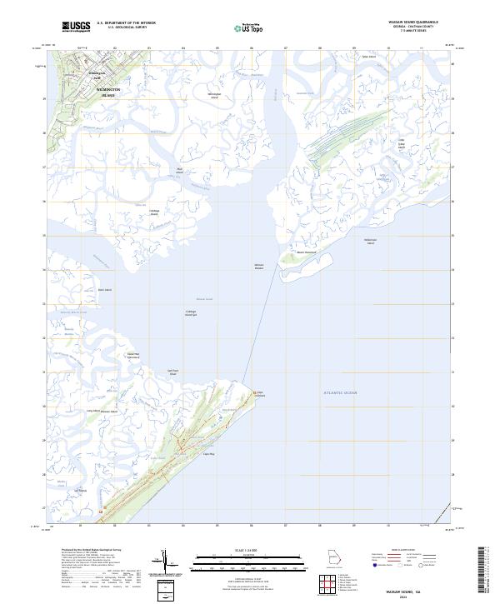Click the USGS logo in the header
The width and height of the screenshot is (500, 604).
[x=76, y=27]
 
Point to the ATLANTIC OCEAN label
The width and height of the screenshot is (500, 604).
[x=340, y=391]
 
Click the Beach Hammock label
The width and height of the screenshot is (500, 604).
[x=307, y=252]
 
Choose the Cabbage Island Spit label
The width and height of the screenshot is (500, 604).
[x=191, y=313]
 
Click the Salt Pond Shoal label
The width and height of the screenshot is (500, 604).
[x=173, y=372]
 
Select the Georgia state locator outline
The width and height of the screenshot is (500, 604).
[x=334, y=558]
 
